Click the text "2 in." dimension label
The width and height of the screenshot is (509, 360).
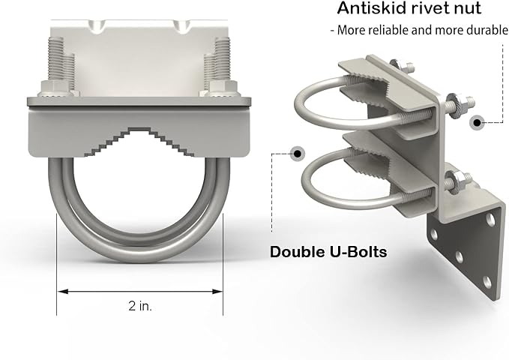pos(140,306)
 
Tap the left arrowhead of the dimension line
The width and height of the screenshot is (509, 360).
pos(63,292)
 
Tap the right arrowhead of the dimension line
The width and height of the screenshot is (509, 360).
pos(217,292)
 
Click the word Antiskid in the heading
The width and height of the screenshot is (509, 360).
pos(369,7)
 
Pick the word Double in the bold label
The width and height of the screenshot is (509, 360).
pos(293,252)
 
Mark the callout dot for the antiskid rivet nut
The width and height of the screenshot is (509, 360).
pos(478,122)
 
